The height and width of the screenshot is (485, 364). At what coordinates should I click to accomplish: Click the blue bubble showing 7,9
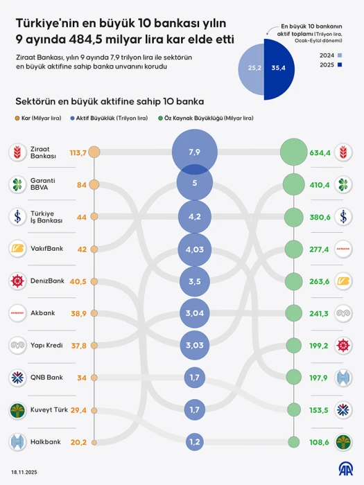[x=194, y=152]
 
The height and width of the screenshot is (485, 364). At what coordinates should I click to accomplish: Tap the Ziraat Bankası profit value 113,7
[x=78, y=152]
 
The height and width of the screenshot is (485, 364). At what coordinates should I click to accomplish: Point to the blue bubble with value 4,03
[x=194, y=249]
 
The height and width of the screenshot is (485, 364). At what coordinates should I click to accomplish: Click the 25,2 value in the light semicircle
[x=254, y=68]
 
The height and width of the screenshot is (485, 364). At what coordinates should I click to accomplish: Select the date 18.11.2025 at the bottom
[x=24, y=472]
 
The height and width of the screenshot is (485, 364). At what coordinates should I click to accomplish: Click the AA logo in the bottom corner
[x=345, y=470]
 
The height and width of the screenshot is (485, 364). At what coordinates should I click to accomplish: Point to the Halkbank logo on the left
[x=17, y=441]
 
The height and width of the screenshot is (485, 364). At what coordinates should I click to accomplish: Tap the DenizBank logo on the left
[x=17, y=281]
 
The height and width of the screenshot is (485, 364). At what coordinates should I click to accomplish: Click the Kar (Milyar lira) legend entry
[x=38, y=118]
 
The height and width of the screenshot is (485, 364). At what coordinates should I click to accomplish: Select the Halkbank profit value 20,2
[x=78, y=442]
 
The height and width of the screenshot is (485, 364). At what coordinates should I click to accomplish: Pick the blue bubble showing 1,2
[x=194, y=442]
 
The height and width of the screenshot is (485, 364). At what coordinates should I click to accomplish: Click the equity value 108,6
[x=320, y=442]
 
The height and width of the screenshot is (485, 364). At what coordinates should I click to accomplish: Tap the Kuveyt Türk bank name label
[x=48, y=410]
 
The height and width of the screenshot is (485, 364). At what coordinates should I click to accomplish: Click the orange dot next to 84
[x=95, y=185]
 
